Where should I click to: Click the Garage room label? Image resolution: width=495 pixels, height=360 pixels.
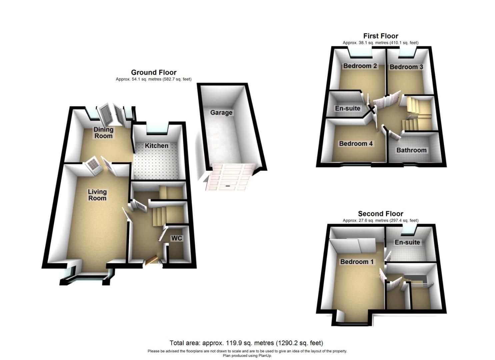221,113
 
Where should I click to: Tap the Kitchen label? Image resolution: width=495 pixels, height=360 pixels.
156,146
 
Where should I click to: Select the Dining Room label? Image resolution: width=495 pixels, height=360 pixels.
103,133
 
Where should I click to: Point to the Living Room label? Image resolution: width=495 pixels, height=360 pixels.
97,195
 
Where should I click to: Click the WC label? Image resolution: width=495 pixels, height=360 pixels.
176,238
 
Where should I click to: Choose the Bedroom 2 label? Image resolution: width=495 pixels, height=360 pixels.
360,66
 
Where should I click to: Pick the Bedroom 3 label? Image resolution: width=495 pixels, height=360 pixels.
406,67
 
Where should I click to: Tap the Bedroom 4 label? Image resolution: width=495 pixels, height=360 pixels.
356,144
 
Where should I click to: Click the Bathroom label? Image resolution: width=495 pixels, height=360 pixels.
411,150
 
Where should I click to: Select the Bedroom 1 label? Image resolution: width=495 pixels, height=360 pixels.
357,262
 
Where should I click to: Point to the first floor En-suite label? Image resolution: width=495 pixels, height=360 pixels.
348,108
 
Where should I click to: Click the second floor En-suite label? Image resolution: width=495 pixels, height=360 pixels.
407,242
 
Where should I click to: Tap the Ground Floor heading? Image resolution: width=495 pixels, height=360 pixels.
154,72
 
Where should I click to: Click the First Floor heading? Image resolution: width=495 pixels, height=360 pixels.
381,36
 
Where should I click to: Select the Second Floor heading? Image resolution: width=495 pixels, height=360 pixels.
381,214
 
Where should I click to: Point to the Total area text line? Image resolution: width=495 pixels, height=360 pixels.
246,343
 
